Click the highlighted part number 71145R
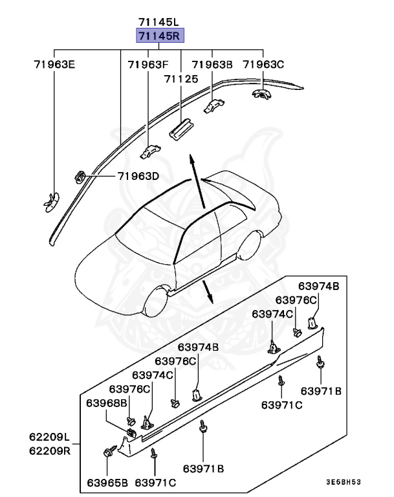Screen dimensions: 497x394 [158, 36]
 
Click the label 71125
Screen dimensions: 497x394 [181, 78]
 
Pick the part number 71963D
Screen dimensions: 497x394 [138, 176]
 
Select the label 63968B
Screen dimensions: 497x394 [107, 403]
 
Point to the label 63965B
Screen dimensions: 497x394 [107, 483]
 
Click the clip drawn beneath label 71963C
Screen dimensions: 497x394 [261, 94]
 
